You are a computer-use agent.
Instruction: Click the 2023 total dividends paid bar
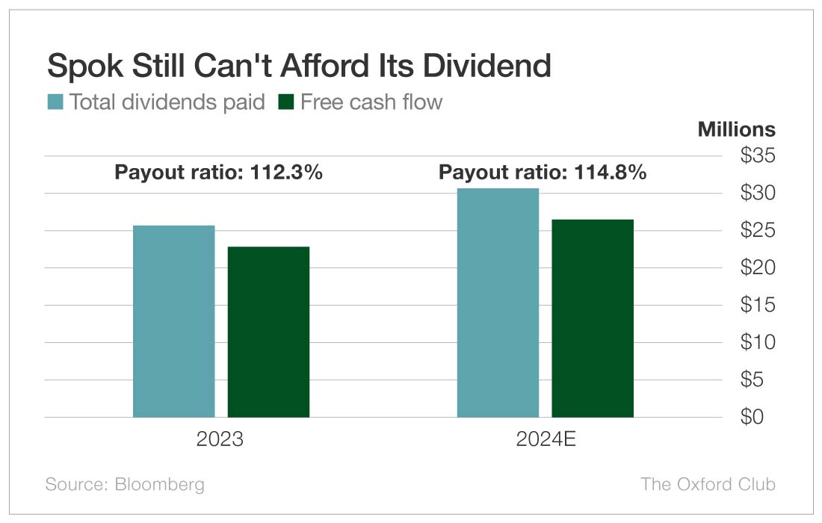point(173,321)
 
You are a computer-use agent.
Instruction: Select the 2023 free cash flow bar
point(268,332)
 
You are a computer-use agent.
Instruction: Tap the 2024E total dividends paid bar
point(498,303)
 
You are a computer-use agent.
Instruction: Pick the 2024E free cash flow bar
point(593,318)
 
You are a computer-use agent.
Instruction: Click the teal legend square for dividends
point(55,102)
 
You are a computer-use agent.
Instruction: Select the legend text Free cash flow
point(371,102)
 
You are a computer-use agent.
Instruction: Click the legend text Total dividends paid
point(167,102)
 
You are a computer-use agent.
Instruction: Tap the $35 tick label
point(757,156)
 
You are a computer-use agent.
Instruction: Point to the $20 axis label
point(757,267)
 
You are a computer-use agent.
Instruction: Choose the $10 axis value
point(757,342)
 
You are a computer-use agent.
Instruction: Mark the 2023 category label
point(220,439)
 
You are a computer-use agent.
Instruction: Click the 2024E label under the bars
point(546,439)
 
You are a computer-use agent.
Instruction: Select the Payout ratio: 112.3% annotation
point(218,173)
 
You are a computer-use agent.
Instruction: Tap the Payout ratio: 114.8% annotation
point(543,173)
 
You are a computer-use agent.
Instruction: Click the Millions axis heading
point(736,129)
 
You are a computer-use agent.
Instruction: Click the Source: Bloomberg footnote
point(125,484)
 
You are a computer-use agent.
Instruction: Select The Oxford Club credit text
point(708,484)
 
